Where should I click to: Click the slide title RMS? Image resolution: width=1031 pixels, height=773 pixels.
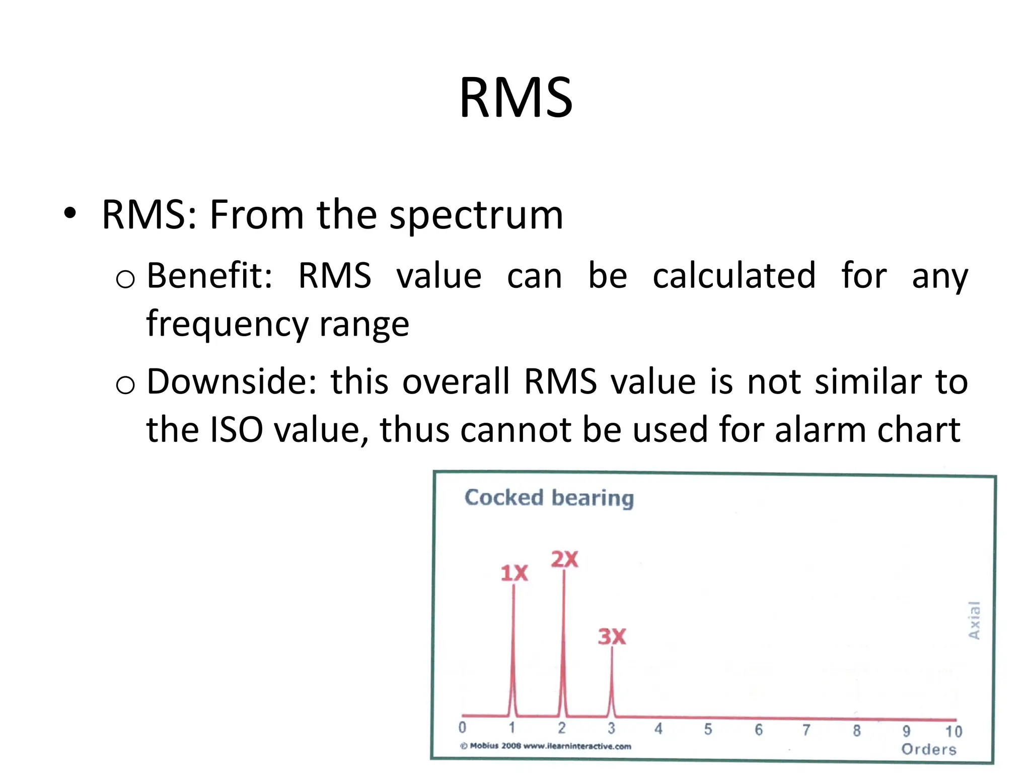(x=515, y=98)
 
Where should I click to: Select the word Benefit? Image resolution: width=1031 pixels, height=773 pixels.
(x=209, y=276)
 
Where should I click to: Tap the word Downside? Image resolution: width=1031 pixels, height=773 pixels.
(x=232, y=381)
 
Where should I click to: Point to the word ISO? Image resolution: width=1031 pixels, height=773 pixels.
(x=236, y=430)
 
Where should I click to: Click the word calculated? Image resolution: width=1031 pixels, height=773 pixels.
(x=734, y=276)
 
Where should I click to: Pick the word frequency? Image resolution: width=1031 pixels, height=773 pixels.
(x=227, y=324)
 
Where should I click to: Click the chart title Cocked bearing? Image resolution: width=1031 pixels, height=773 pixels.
(x=549, y=498)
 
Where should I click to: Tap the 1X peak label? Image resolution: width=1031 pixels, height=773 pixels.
(x=514, y=573)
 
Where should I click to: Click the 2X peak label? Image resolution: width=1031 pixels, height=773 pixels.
(x=564, y=559)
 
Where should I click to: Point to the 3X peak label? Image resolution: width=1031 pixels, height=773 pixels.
(x=612, y=637)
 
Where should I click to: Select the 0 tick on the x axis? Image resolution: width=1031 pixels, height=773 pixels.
(x=462, y=728)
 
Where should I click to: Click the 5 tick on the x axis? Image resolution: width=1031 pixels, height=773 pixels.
(x=708, y=729)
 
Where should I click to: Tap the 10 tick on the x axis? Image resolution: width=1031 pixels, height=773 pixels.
(x=953, y=731)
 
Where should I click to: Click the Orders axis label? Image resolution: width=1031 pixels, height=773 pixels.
(x=929, y=749)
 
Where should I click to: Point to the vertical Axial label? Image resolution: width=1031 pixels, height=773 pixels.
(x=974, y=620)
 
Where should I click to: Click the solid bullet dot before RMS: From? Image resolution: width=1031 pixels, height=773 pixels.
(x=70, y=213)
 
